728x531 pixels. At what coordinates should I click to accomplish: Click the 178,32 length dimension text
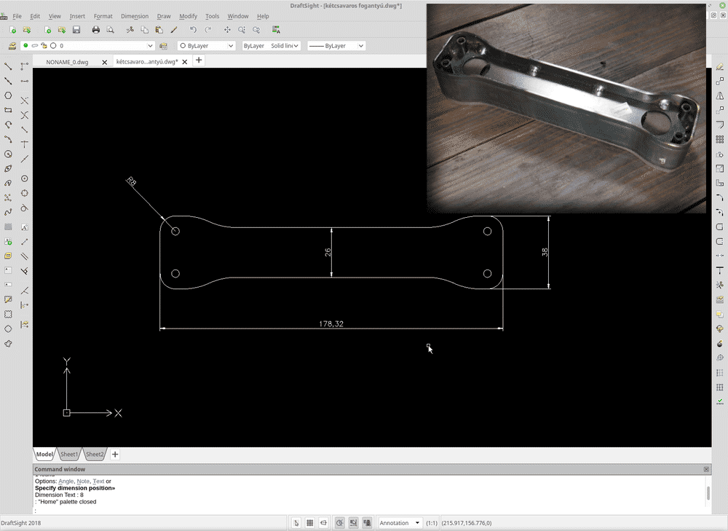[331, 324]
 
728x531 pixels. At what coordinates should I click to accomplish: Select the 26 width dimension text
[328, 252]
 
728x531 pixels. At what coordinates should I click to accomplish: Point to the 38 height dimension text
[545, 252]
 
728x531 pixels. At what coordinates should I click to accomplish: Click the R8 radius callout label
[131, 181]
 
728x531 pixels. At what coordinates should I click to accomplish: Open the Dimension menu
[135, 16]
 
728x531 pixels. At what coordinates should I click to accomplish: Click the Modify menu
[188, 16]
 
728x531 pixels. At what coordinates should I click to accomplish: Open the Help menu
[263, 16]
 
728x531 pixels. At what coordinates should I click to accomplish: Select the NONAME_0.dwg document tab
[67, 62]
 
